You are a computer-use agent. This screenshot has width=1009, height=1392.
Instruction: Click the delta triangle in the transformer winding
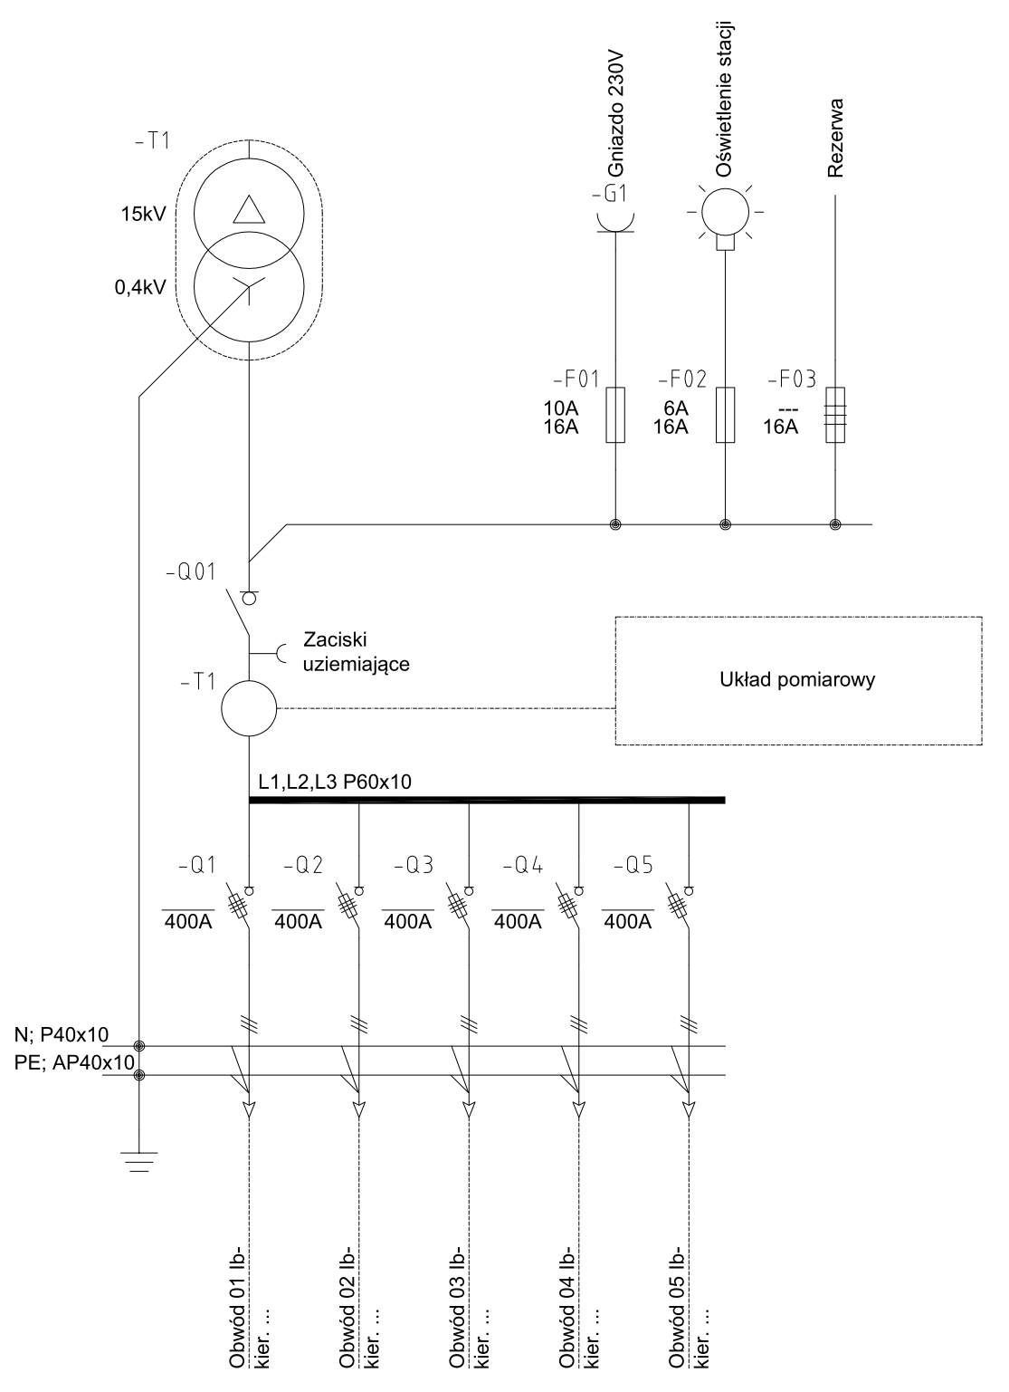coord(249,209)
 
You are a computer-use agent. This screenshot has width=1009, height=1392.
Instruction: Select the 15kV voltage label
coord(144,215)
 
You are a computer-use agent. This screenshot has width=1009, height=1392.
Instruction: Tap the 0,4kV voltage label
coord(140,287)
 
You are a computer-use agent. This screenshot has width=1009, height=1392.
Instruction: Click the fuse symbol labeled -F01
coord(614,415)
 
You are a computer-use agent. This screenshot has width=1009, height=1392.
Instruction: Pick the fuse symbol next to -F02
coord(725,415)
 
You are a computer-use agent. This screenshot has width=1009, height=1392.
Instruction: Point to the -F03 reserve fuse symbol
coord(835,415)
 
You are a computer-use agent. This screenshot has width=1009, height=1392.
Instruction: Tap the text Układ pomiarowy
coord(797,680)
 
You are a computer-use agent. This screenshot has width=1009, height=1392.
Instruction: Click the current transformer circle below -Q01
coord(249,708)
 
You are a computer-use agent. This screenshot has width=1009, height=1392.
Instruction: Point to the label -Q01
coord(191,571)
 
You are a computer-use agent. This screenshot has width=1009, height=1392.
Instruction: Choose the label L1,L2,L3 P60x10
coord(335,782)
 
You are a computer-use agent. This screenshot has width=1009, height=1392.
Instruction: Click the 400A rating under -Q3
coord(408,922)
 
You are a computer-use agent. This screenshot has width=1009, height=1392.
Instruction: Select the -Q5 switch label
coord(633,865)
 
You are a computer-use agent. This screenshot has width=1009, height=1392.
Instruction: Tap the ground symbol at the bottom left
coord(139,1161)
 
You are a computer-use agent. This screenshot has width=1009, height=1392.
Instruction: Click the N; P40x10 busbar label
coord(62,1034)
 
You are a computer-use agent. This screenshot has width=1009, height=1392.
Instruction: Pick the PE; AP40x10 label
coord(74,1062)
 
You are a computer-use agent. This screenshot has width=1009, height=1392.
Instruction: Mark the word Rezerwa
coord(836,138)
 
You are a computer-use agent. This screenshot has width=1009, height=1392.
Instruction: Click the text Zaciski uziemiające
coord(357,652)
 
